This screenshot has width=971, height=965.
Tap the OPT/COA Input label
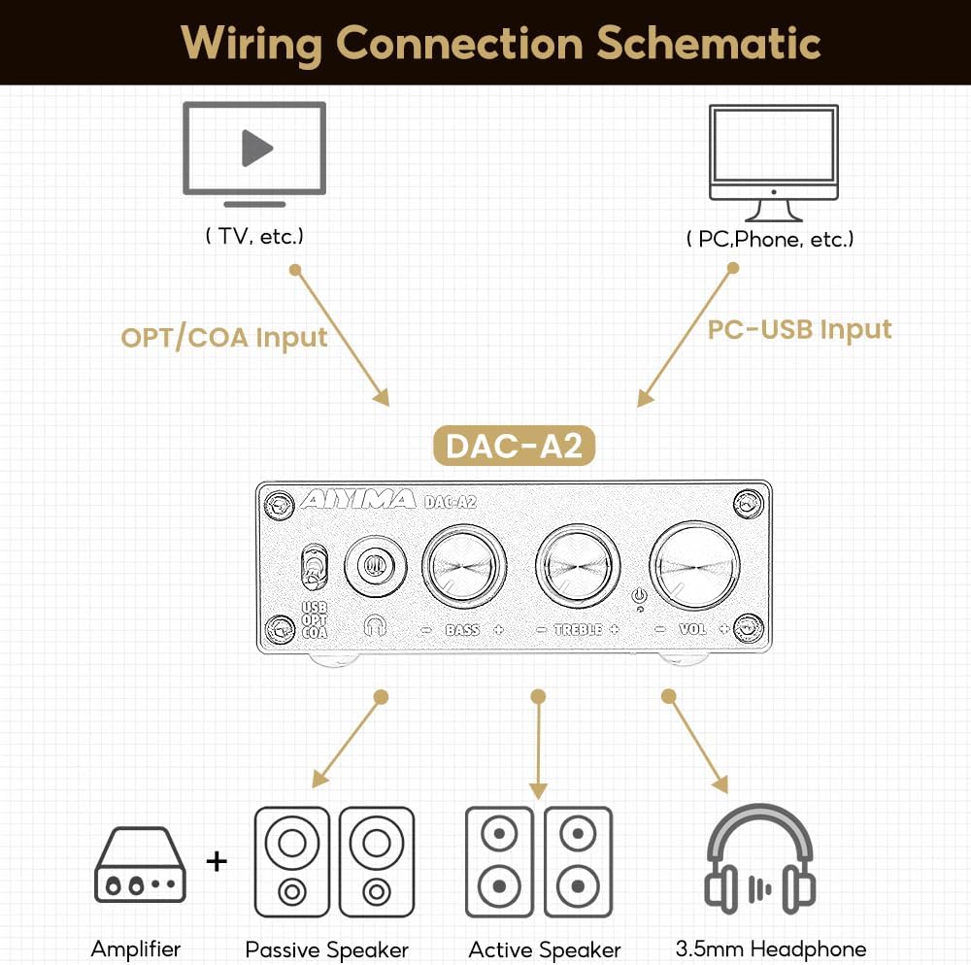[x=224, y=338]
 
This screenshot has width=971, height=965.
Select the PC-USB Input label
[x=799, y=329]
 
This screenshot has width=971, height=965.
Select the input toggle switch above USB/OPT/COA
[x=313, y=569]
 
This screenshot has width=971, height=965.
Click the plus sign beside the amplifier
[x=218, y=860]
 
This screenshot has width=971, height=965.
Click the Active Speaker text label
[x=544, y=949]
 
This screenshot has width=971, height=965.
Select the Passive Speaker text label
[x=327, y=949]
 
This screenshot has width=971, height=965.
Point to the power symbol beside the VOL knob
[x=638, y=597]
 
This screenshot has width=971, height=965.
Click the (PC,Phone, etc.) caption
[x=770, y=239]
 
